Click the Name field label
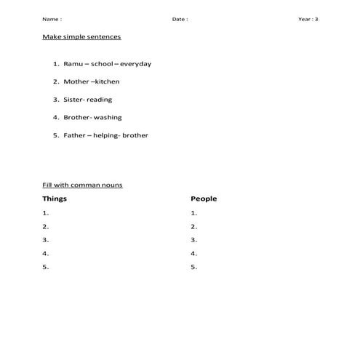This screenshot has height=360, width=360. [x=52, y=19]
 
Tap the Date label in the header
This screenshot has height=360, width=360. [x=180, y=19]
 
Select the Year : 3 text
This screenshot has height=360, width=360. [x=308, y=19]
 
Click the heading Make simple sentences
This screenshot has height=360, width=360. [x=81, y=36]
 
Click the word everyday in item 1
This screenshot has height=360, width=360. [x=135, y=64]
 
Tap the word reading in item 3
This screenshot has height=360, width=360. [x=99, y=100]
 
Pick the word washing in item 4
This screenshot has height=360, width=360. [x=108, y=118]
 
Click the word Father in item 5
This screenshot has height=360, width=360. [x=74, y=135]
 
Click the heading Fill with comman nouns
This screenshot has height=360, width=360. [x=82, y=185]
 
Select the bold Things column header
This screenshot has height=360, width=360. [x=55, y=199]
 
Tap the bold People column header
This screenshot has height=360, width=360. [x=204, y=199]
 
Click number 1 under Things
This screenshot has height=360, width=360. [x=45, y=213]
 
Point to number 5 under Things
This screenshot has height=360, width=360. [x=45, y=268]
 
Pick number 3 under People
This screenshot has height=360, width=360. [x=193, y=240]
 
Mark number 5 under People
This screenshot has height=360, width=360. [x=193, y=268]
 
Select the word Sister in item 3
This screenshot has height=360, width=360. [x=73, y=100]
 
